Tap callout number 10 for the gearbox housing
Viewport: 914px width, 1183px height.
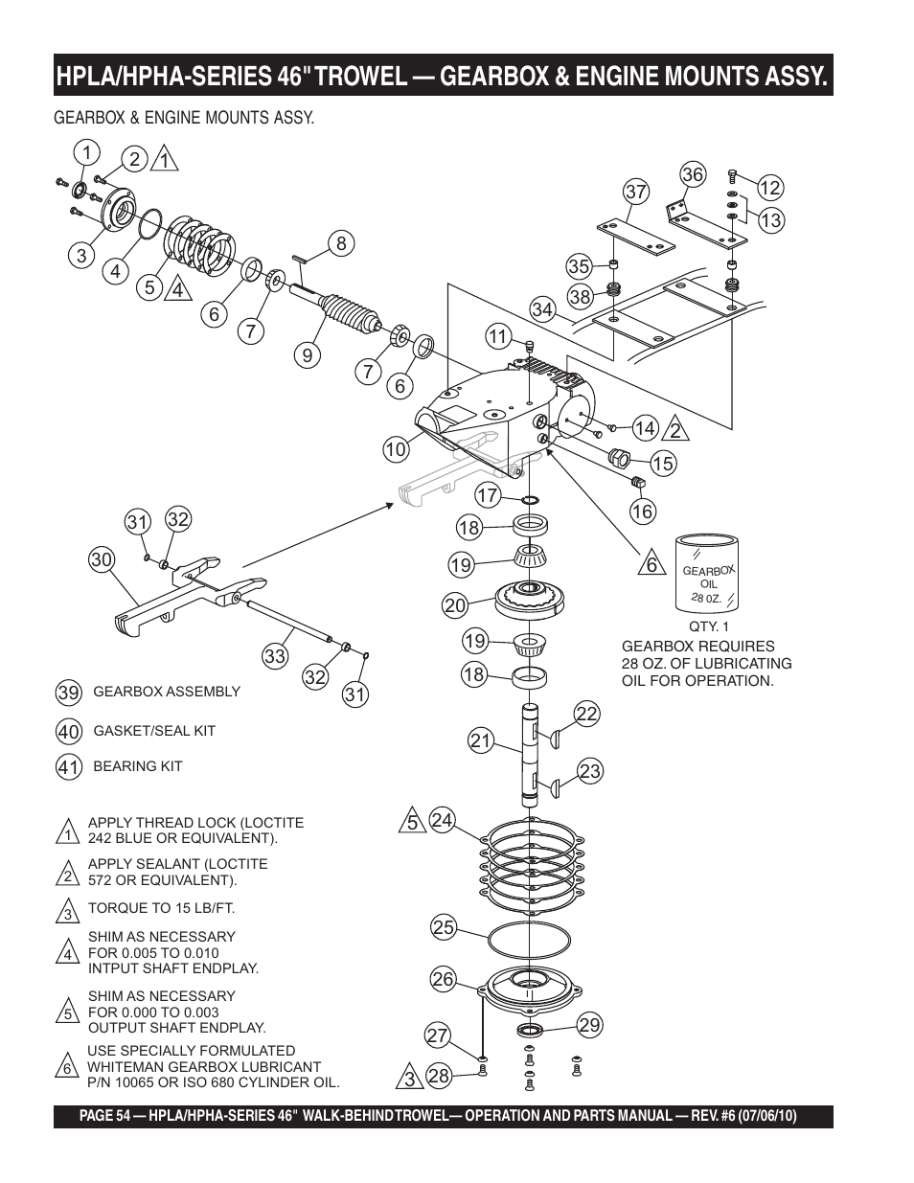[x=396, y=448]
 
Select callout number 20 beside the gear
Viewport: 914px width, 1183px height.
[x=454, y=604]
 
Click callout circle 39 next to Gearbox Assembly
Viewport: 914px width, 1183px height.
[x=67, y=693]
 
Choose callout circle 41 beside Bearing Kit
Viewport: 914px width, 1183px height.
[x=67, y=767]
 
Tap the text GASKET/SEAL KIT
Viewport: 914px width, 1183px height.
[x=154, y=731]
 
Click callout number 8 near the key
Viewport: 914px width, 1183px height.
[x=340, y=243]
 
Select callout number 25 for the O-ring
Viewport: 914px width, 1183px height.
[x=443, y=927]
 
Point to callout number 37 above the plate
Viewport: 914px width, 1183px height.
[x=637, y=192]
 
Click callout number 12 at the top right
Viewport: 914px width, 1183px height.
[x=770, y=188]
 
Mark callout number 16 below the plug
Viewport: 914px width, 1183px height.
[x=642, y=512]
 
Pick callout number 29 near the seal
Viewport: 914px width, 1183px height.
[x=589, y=1025]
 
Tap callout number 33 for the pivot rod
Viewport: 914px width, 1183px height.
[x=275, y=656]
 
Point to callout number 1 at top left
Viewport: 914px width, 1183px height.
[x=85, y=152]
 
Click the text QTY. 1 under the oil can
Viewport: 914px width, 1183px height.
[x=709, y=626]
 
